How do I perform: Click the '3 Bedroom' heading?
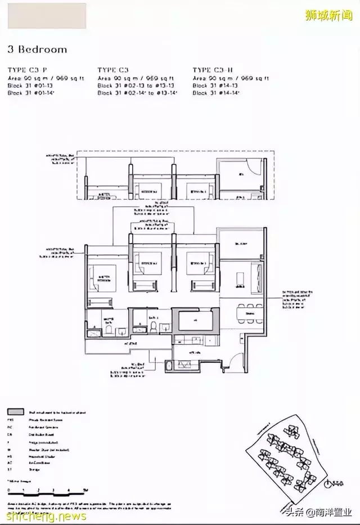pos(37,50)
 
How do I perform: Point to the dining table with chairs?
pos(249,311)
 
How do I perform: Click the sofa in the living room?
pos(258,276)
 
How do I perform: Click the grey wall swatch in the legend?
pos(15,412)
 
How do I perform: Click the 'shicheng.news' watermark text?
pos(44,516)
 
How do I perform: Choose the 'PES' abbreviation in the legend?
pos(10,419)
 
